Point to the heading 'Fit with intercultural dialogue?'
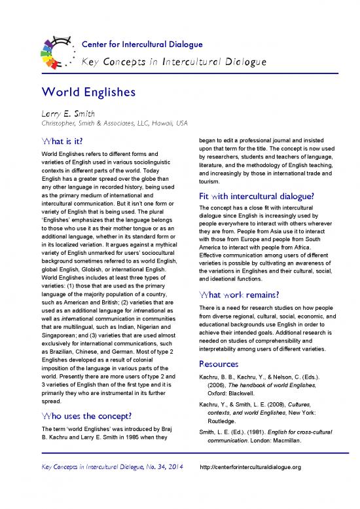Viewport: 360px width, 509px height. [253, 197]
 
